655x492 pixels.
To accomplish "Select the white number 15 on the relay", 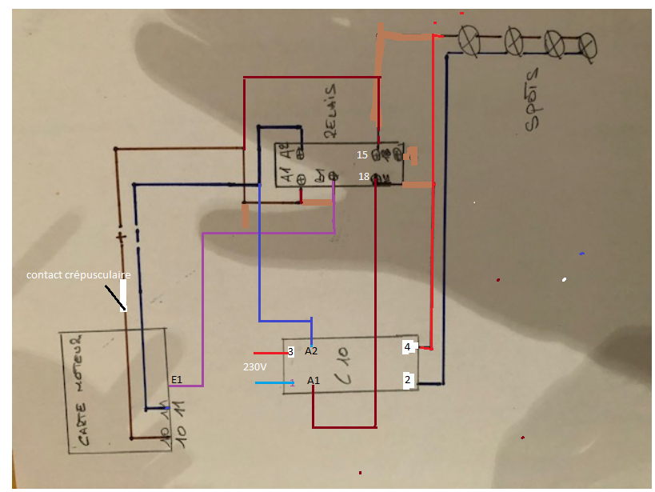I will point(362,154).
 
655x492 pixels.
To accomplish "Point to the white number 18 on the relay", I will point(363,176).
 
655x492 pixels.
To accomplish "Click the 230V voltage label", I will point(255,367).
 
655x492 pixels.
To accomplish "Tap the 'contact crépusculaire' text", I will point(78,275).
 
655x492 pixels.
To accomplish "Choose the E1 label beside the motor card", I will point(177,378).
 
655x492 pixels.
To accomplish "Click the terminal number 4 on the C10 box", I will point(408,347).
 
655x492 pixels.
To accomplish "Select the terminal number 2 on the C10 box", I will point(408,380).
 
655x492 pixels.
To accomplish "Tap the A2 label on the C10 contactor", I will point(312,351).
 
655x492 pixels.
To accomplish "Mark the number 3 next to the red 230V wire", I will point(290,351).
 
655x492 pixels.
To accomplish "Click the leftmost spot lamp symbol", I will point(468,38).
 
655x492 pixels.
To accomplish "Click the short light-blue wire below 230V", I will point(272,382).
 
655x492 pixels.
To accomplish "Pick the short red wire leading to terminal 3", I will point(270,352).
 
